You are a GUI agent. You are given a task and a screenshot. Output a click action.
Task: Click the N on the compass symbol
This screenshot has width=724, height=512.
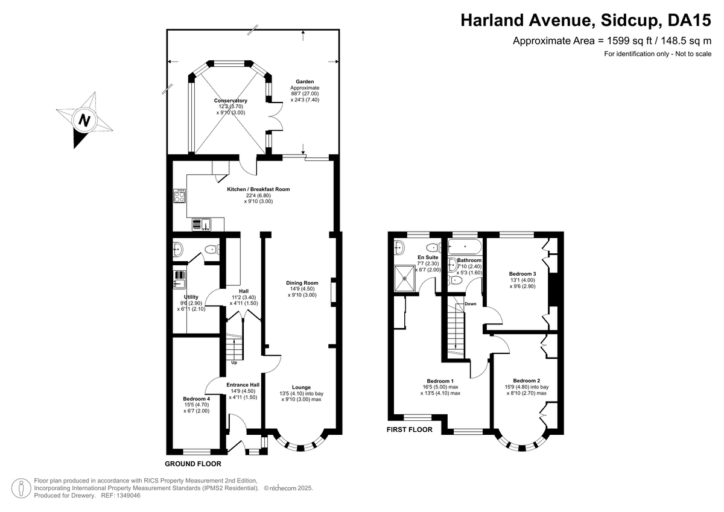click(84, 119)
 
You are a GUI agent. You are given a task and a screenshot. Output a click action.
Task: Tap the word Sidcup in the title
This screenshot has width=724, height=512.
click(630, 20)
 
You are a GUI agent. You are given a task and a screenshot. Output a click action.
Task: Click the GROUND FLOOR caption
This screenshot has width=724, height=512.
click(193, 464)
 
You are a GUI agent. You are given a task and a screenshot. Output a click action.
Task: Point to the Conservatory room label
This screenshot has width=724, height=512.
click(230, 101)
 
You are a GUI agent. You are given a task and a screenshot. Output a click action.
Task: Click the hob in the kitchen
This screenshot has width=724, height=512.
click(180, 196)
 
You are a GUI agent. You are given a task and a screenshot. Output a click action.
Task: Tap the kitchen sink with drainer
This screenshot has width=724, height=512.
click(202, 225)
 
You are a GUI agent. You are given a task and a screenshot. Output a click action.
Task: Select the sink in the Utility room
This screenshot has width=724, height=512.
click(180, 279)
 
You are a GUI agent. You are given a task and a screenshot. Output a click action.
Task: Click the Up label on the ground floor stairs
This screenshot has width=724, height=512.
click(234, 362)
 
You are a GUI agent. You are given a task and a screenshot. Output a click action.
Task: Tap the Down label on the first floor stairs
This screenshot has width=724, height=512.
click(471, 304)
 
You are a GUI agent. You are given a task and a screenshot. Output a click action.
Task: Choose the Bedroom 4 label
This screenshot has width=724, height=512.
click(197, 399)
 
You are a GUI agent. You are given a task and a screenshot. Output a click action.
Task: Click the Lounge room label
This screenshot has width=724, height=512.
click(301, 387)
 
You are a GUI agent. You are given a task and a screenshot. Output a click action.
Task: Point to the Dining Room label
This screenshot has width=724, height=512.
click(302, 282)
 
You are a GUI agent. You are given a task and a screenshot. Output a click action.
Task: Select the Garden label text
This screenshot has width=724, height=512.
click(304, 81)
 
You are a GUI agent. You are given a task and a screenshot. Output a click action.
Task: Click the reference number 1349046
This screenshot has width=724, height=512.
click(130, 495)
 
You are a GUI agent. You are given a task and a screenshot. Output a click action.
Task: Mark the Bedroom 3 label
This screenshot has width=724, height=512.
click(522, 273)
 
